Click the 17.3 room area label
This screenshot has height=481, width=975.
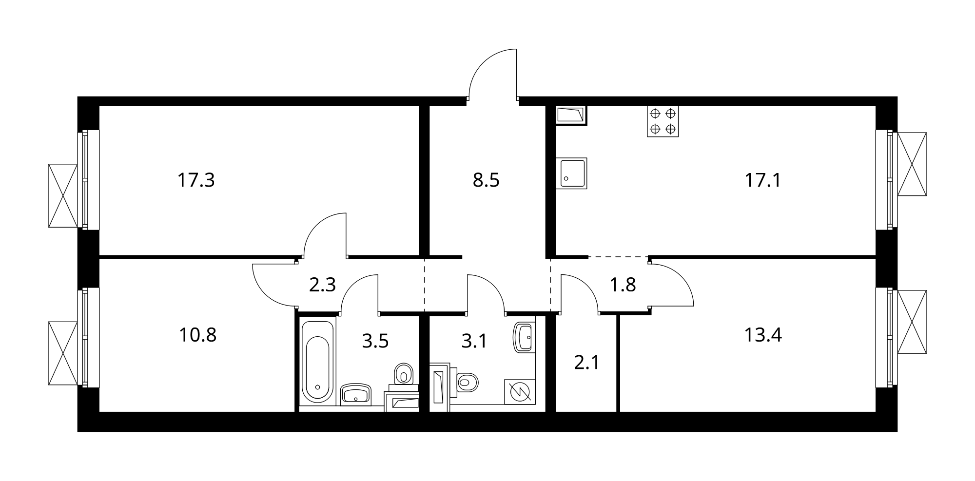click(x=196, y=180)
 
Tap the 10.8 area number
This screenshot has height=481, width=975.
click(x=198, y=335)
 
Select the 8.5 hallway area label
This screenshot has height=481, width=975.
click(x=487, y=180)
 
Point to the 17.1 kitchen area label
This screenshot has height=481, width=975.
click(x=763, y=180)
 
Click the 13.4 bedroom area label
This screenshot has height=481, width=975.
click(x=763, y=335)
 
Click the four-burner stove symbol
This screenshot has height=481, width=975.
click(x=663, y=121)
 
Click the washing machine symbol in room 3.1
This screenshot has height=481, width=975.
click(x=520, y=391)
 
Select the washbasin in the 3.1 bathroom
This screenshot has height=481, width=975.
click(x=524, y=337)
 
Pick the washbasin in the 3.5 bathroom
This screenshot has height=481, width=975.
click(x=356, y=394)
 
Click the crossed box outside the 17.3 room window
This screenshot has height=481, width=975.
click(x=63, y=195)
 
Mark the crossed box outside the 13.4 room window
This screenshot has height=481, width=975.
click(x=912, y=322)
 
